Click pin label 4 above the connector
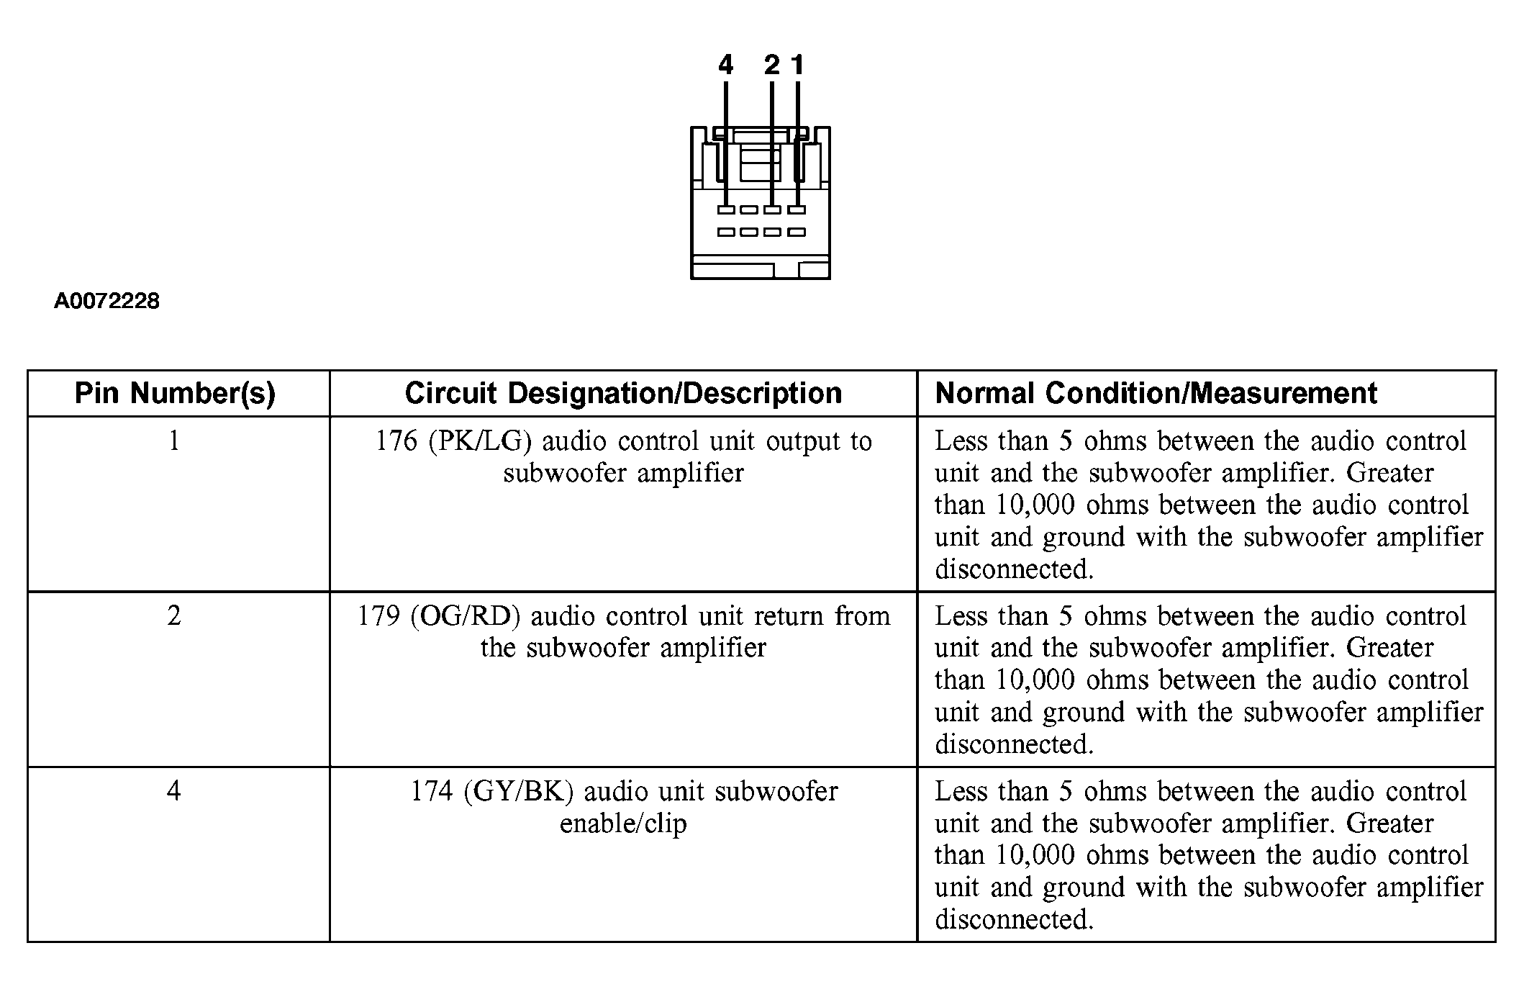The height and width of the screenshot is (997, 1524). tap(725, 66)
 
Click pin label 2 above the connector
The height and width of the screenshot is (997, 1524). tap(771, 66)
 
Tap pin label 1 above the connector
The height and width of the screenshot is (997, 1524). tap(797, 66)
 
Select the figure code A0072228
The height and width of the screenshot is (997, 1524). tap(106, 301)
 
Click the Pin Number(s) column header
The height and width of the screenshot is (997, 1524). tap(175, 394)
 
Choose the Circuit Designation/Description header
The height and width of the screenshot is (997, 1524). tap(623, 394)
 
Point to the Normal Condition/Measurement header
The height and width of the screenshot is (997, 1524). tap(1156, 394)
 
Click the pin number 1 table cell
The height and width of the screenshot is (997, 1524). tap(174, 441)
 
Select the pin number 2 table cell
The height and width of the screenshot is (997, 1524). tap(174, 616)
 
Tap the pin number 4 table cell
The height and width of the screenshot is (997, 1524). tap(174, 791)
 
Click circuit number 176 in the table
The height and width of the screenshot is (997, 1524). tap(396, 441)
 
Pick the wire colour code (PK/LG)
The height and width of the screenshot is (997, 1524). tap(480, 441)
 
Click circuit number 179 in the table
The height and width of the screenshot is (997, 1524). tap(378, 616)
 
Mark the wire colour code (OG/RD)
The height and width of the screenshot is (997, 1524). tap(466, 616)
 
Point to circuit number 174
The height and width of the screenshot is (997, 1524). tap(432, 791)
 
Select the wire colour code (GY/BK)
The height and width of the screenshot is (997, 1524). tap(518, 791)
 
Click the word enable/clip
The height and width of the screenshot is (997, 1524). tap(623, 824)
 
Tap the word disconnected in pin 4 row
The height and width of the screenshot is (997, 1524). tap(1014, 919)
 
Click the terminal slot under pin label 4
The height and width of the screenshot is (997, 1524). tap(726, 210)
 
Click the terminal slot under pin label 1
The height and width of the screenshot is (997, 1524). tap(797, 210)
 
